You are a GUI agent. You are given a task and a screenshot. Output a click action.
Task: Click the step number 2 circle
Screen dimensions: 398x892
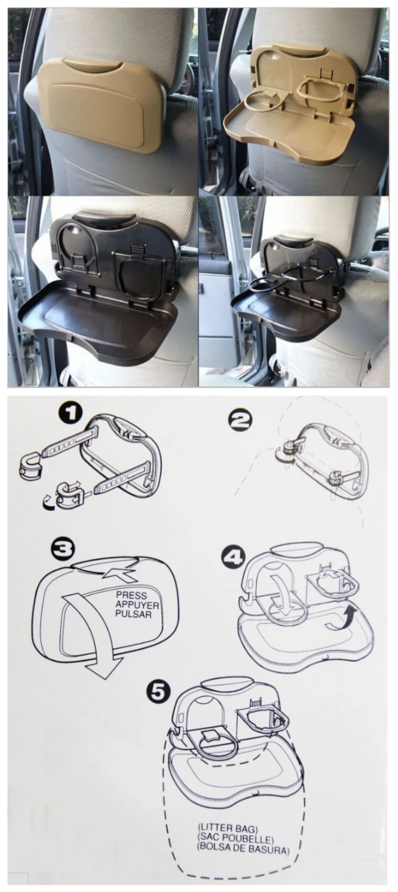tap(240, 421)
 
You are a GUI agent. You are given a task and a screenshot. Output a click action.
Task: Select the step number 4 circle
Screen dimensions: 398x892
tap(233, 557)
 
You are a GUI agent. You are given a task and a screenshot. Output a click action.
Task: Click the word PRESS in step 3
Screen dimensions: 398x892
tap(131, 595)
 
